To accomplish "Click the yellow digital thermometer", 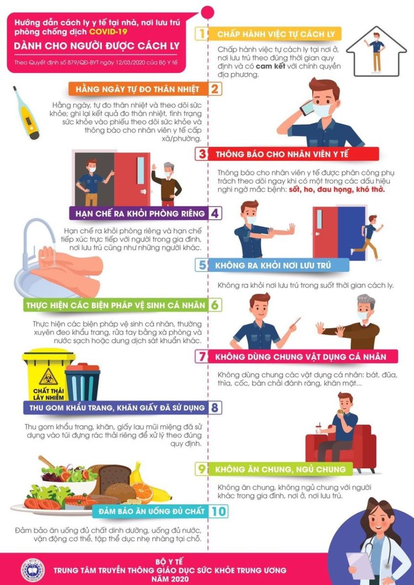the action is [26, 113].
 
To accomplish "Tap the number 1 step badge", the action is [202, 34].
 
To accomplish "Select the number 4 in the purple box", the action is [215, 213].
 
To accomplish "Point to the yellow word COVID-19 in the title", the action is [108, 32].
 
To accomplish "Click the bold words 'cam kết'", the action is [270, 66].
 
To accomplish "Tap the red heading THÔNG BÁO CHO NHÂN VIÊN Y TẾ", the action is [282, 154].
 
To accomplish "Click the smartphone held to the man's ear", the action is [306, 108].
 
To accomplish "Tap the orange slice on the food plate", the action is [142, 492].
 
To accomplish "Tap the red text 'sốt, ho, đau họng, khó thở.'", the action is [337, 189].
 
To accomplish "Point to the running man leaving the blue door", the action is [368, 238].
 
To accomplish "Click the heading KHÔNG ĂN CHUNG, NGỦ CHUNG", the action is [280, 469].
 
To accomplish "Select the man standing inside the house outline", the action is [376, 52].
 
